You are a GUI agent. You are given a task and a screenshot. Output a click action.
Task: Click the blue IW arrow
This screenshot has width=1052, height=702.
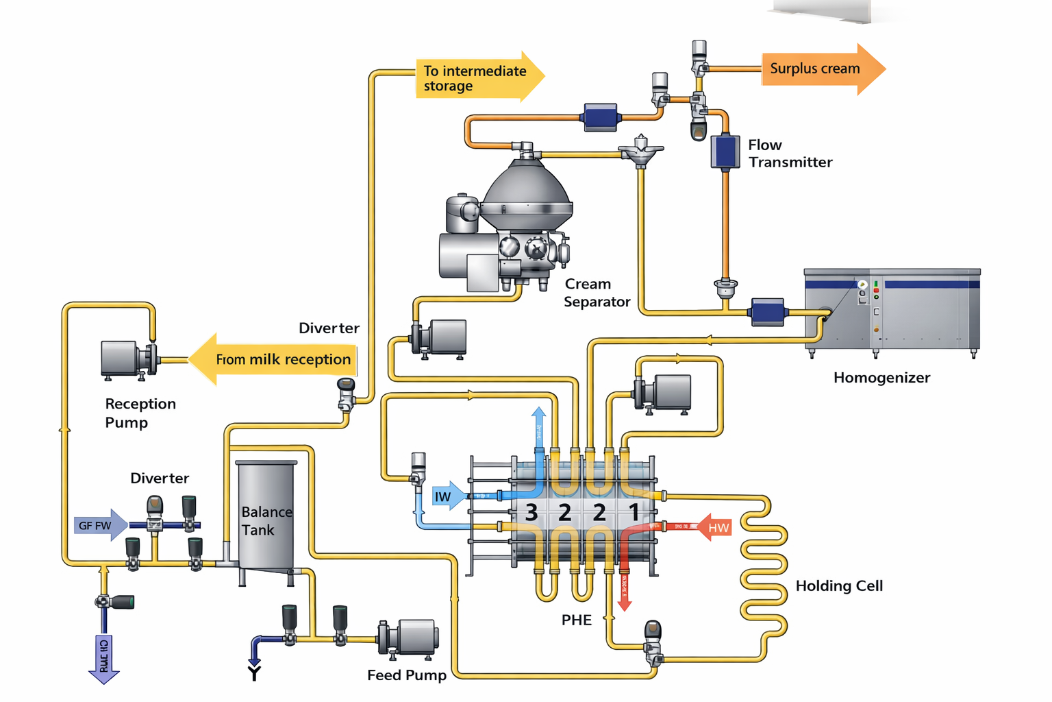pos(447,496)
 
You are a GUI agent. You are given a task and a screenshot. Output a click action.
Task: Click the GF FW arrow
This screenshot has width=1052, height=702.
pos(100,526)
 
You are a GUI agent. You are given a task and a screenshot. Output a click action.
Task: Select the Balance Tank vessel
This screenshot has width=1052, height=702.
pos(266,514)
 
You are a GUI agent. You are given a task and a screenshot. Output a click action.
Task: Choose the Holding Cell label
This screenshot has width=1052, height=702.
pos(839,586)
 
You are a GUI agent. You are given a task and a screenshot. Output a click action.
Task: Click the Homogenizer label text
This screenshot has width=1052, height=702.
pos(881,378)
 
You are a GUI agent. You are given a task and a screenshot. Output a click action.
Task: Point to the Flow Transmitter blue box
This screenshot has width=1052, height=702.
pos(725,152)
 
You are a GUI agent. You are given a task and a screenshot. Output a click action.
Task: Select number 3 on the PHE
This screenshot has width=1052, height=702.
pos(531,513)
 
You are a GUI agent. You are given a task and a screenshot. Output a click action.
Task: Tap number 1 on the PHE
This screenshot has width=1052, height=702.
pos(634,512)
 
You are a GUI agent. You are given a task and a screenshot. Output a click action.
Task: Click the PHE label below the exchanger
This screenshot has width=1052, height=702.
pos(576,620)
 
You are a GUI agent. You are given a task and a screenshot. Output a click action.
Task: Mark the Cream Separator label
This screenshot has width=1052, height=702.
pos(596,293)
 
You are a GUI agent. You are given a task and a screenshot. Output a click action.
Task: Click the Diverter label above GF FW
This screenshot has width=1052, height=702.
pos(160,479)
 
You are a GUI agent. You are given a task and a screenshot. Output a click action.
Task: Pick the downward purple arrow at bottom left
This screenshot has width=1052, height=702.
pos(104,659)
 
